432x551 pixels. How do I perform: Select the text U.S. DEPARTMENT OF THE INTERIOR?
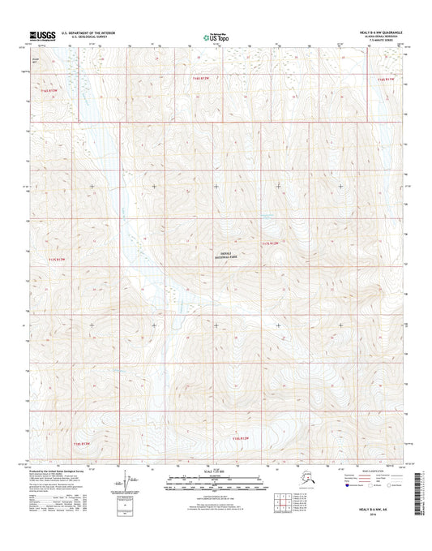point(83,32)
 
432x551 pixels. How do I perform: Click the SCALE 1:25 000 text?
point(215,473)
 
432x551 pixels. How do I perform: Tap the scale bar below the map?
point(215,482)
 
